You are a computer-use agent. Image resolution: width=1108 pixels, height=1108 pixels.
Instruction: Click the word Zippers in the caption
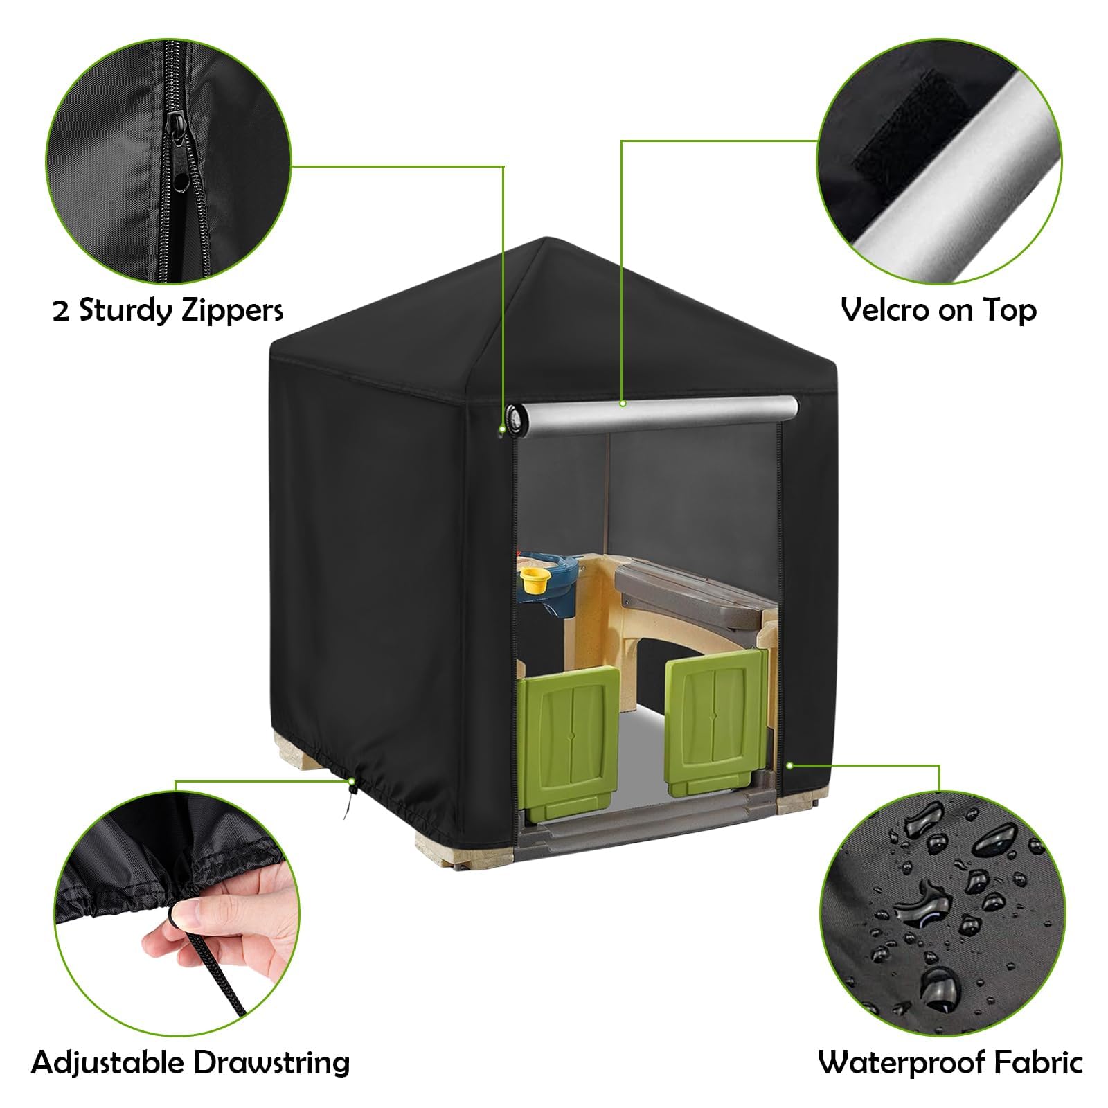pyautogui.click(x=232, y=310)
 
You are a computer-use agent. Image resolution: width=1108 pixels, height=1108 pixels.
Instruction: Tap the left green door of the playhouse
pyautogui.click(x=568, y=741)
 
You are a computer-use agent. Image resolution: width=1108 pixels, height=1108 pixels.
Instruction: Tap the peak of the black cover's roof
pyautogui.click(x=547, y=239)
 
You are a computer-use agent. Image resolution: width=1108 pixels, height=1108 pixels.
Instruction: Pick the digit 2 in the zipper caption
pyautogui.click(x=61, y=311)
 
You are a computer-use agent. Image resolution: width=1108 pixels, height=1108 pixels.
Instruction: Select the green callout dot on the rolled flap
pyautogui.click(x=623, y=402)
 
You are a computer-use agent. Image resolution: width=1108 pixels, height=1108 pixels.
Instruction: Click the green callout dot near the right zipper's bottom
pyautogui.click(x=789, y=765)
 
